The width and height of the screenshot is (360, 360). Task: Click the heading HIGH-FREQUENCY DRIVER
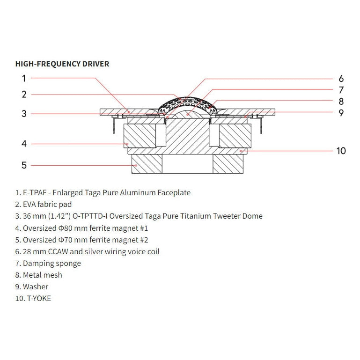pos(62,64)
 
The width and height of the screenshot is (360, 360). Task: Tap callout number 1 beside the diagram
pos(24,79)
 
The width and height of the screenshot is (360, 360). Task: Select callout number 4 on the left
pos(24,144)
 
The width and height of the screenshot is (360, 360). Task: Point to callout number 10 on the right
pos(341,151)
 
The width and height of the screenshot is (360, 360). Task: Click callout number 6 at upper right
pos(341,79)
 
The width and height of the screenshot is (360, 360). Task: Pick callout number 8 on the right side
pos(341,101)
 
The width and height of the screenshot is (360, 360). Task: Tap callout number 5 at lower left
pos(24,165)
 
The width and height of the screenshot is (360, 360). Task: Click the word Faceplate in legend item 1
pos(174,192)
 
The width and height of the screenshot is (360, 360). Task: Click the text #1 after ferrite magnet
pos(144,228)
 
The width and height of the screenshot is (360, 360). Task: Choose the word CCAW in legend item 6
pos(58,252)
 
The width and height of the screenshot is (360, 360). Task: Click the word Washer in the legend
pos(36,287)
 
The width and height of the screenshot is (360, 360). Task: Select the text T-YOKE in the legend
pos(39,299)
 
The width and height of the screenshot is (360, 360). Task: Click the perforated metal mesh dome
pos(187,102)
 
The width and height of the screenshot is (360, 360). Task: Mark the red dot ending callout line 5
pos(136,165)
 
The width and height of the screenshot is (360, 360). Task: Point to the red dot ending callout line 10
pos(241,151)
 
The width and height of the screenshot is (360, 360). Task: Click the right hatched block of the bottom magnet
pos(228,164)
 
